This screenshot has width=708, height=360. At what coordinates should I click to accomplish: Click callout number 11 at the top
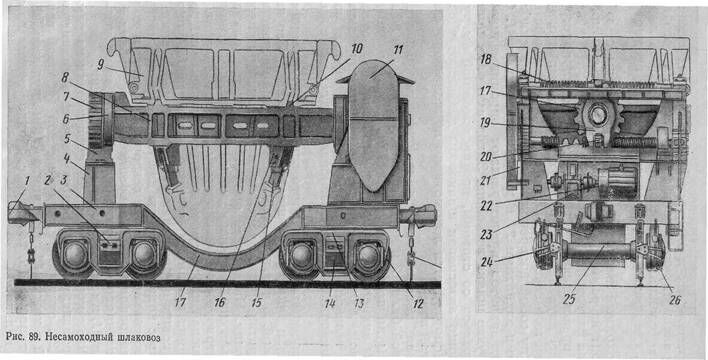[x=397, y=49]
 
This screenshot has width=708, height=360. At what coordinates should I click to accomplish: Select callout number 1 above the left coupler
[x=27, y=181]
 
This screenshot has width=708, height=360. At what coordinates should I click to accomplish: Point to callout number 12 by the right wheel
[x=417, y=304]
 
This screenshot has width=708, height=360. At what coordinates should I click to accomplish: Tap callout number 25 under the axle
[x=568, y=300]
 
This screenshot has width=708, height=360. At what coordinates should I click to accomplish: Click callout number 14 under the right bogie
[x=331, y=304]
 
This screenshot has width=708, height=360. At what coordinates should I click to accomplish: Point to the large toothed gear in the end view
[x=597, y=117]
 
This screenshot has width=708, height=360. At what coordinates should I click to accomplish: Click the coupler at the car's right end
[x=419, y=216]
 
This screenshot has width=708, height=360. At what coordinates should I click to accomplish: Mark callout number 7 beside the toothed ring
[x=66, y=98]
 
